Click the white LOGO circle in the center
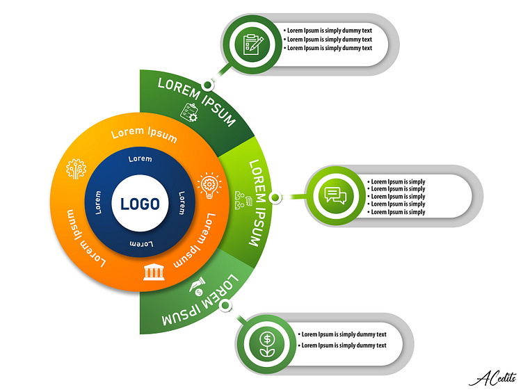pyautogui.click(x=140, y=204)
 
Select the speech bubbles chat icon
pyautogui.click(x=335, y=195)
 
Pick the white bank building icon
pyautogui.click(x=154, y=271)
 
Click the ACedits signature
pyautogui.click(x=491, y=376)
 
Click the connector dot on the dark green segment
pyautogui.click(x=207, y=85)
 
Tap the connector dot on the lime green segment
pyautogui.click(x=275, y=198)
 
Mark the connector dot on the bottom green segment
pyautogui.click(x=224, y=305)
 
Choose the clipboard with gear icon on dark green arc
pyautogui.click(x=188, y=111)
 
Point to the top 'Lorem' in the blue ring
pyautogui.click(x=140, y=158)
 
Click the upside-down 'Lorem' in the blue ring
pyautogui.click(x=142, y=243)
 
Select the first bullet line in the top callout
pyautogui.click(x=329, y=31)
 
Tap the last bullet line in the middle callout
pyautogui.click(x=398, y=212)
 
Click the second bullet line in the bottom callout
pyautogui.click(x=343, y=345)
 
